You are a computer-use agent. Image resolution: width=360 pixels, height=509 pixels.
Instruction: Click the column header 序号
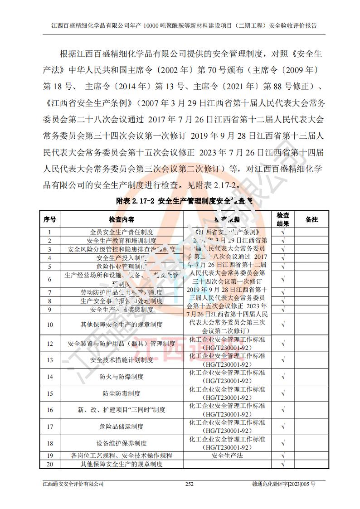[50, 219]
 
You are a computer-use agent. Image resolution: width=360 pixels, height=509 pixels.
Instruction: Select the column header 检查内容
[121, 219]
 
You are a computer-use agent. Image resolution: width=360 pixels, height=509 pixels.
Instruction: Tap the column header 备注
[311, 219]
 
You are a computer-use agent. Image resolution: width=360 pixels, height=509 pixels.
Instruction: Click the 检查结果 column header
[283, 219]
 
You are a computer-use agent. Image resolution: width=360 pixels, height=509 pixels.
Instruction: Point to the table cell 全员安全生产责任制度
[121, 232]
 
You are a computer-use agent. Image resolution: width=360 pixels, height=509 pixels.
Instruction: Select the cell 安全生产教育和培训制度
[121, 241]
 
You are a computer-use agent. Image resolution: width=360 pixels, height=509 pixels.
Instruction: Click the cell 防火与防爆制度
[121, 377]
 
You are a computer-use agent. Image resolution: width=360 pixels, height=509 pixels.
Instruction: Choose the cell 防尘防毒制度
[121, 393]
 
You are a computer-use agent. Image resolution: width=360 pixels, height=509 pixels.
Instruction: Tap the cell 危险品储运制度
[121, 427]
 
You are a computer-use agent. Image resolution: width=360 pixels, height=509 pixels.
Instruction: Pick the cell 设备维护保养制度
[121, 443]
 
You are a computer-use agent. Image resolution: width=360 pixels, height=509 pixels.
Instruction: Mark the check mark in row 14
[283, 377]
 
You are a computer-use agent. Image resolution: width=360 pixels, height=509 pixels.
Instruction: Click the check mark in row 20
[283, 464]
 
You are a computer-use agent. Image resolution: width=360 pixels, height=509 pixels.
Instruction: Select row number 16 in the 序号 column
[50, 410]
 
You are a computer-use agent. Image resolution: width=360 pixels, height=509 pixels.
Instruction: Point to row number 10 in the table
[50, 325]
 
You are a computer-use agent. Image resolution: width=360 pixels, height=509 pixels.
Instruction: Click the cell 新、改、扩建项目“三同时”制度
[121, 410]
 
